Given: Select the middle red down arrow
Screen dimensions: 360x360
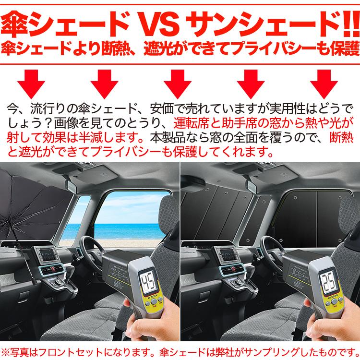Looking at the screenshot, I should [178, 83].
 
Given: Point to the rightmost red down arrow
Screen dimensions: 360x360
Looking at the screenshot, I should [326, 83].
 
